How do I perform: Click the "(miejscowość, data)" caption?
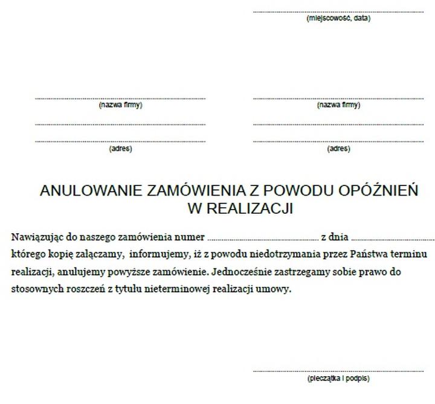(x=338, y=18)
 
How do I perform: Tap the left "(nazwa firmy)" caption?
(x=120, y=105)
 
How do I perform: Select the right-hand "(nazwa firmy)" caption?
(x=338, y=105)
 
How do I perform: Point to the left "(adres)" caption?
(x=120, y=149)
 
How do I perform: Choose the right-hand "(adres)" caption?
(x=338, y=149)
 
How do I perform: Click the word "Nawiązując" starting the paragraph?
(x=35, y=236)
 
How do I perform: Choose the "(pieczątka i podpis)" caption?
(x=338, y=379)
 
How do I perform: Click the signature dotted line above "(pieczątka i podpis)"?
(x=338, y=371)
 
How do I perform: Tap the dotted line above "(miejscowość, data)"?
(x=338, y=11)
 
